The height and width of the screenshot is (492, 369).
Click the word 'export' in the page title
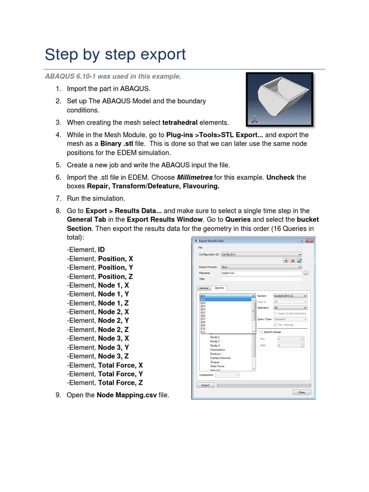[160, 54]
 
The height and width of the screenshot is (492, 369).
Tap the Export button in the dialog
[205, 385]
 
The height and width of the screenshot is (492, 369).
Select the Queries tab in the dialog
[220, 288]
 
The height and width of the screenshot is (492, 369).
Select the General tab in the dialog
[204, 288]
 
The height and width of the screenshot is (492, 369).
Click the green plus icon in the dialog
[286, 260]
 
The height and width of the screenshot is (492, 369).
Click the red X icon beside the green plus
[293, 260]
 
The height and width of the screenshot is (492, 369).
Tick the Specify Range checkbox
[261, 332]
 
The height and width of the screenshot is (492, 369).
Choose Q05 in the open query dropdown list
[203, 312]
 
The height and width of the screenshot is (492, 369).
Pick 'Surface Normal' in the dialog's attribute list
[220, 358]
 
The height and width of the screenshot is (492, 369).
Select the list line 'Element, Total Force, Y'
[105, 374]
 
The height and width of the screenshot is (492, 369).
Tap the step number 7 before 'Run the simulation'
[58, 198]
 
